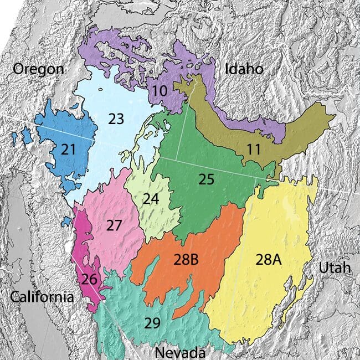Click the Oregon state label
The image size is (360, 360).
point(39,69)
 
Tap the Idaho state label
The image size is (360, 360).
point(244,69)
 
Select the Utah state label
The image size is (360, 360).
point(335,268)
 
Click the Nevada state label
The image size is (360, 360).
point(180,352)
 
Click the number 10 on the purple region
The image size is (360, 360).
point(160,90)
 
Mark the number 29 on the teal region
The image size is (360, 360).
point(155,323)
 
